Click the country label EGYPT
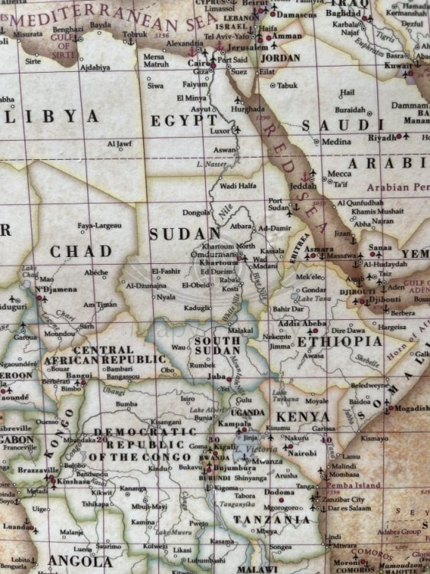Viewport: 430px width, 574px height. tap(184, 120)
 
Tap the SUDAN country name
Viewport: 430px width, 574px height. tap(184, 234)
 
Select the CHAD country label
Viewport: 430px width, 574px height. tap(80, 252)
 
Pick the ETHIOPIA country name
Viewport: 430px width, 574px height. tap(339, 341)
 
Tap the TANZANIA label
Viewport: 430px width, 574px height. tap(272, 519)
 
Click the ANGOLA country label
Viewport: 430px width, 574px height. tap(80, 561)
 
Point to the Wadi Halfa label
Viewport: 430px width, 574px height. tap(237, 186)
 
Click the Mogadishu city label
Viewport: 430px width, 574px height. tap(411, 409)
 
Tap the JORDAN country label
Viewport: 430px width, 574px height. tap(280, 58)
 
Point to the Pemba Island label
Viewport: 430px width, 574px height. tap(348, 485)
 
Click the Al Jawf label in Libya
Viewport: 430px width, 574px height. tap(119, 143)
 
